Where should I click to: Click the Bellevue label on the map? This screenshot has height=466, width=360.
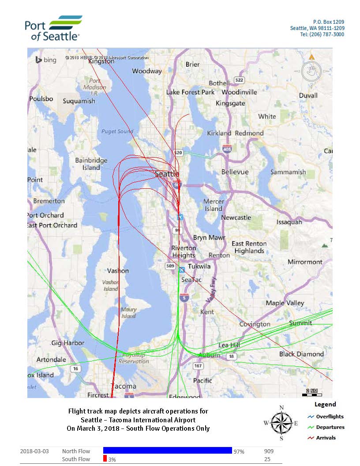point(235,172)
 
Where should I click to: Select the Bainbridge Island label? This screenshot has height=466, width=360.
point(91,164)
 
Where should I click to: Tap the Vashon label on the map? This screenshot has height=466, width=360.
point(118,271)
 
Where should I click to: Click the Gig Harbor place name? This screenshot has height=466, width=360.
point(67,343)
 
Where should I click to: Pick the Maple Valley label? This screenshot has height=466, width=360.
point(285,303)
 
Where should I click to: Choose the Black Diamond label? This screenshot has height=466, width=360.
point(301,354)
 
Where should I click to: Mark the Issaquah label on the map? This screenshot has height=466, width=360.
point(289,222)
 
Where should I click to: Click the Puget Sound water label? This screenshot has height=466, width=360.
point(117,132)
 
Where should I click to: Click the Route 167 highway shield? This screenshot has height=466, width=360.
point(198,366)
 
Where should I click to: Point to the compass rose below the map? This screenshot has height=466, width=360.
point(281,423)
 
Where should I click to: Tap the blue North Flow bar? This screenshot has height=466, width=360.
point(167,451)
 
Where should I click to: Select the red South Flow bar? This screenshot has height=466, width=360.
point(105,459)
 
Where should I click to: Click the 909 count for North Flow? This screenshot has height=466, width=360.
point(268,451)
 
